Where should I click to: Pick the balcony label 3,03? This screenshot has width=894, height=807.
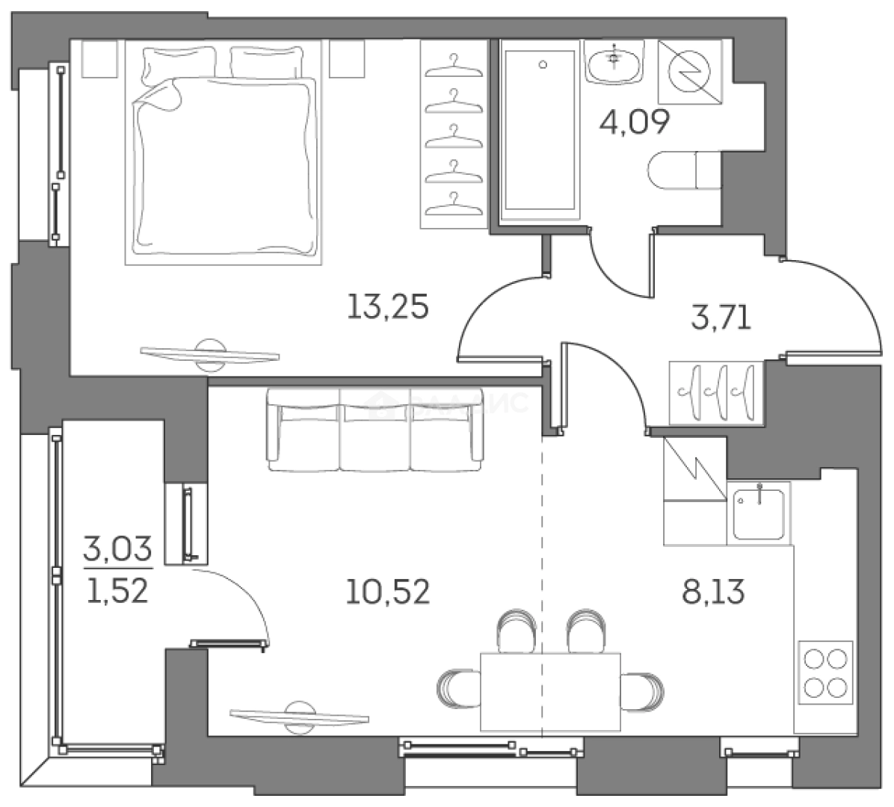click(x=117, y=551)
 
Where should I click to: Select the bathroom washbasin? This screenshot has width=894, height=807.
click(x=614, y=61)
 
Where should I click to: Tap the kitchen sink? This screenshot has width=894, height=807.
click(x=758, y=512)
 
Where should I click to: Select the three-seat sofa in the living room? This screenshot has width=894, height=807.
click(x=374, y=430)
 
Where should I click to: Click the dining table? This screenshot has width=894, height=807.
click(x=550, y=690)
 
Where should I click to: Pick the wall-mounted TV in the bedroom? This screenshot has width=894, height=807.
click(x=210, y=354)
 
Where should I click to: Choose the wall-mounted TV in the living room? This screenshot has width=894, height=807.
click(x=300, y=715)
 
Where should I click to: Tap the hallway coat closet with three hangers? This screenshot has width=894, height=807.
click(x=717, y=392)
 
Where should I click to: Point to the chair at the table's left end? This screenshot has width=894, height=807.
click(x=457, y=687)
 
